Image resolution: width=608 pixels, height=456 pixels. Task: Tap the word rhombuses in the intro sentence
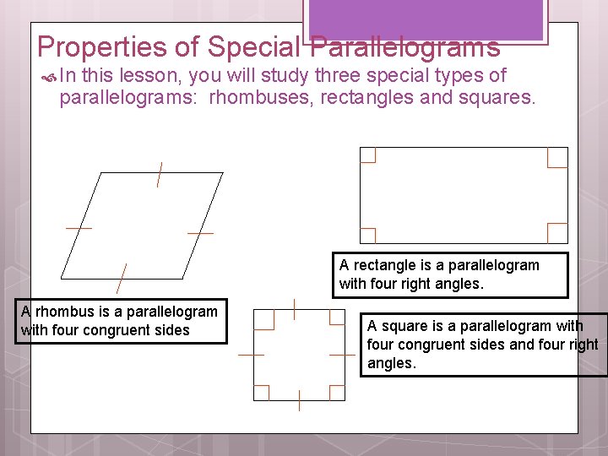coord(260,97)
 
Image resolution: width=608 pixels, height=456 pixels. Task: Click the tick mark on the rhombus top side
coord(159,174)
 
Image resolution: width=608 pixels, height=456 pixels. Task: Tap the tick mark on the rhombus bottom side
coord(122,277)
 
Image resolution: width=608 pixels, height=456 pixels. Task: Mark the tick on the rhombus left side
coord(79,227)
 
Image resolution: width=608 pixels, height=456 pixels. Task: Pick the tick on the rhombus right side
coord(200,232)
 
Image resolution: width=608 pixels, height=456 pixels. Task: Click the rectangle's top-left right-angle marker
coord(367,155)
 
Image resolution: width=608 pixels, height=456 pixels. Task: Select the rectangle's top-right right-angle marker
coord(557,157)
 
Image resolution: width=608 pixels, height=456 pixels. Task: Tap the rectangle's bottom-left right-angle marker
coord(367,236)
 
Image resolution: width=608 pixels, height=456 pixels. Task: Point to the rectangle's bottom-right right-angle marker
coord(557,233)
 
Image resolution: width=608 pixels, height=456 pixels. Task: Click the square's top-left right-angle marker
coord(263,319)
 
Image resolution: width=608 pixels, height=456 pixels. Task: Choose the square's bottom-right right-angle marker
coord(336,392)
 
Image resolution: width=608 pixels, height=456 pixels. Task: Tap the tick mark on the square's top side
coord(293,309)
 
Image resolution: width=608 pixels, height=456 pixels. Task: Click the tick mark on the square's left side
coord(252,356)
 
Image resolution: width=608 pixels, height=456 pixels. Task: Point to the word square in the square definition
coord(401,326)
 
